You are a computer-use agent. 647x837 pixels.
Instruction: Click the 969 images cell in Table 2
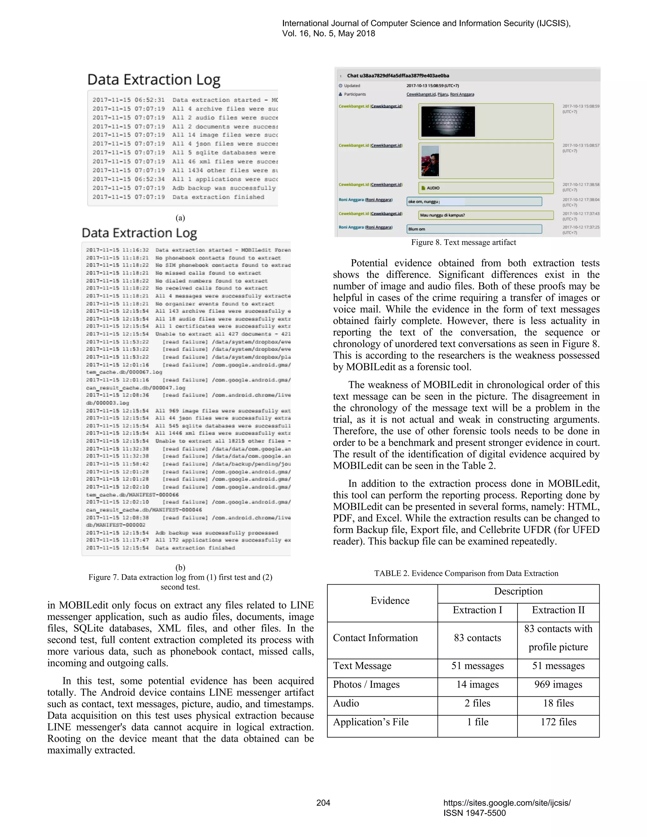pos(558,684)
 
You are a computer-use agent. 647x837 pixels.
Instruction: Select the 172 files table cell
pos(558,722)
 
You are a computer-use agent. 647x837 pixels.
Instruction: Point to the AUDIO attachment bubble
pos(486,188)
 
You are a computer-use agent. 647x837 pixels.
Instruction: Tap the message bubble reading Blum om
pos(474,229)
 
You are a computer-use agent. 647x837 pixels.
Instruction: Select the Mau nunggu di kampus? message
pos(486,215)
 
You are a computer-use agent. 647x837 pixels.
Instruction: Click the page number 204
pos(323,803)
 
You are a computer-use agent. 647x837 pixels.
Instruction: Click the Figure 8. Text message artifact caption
pos(463,242)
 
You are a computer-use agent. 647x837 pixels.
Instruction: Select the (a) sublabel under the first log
pos(180,218)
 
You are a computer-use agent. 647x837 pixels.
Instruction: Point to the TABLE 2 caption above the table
pos(466,573)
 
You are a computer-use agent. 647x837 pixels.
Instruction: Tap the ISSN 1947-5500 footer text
pos(475,813)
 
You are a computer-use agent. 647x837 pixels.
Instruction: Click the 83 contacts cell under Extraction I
pos(477,638)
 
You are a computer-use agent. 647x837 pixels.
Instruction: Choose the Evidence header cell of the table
pos(390,600)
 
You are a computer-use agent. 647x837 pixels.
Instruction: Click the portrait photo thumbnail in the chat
pos(430,160)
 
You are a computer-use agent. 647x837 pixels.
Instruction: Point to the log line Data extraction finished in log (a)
pos(218,197)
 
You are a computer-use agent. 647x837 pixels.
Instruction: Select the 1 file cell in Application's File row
pos(477,722)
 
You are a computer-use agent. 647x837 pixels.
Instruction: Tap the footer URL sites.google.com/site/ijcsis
pos(507,803)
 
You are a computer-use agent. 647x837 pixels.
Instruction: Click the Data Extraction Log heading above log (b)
pos(140,233)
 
